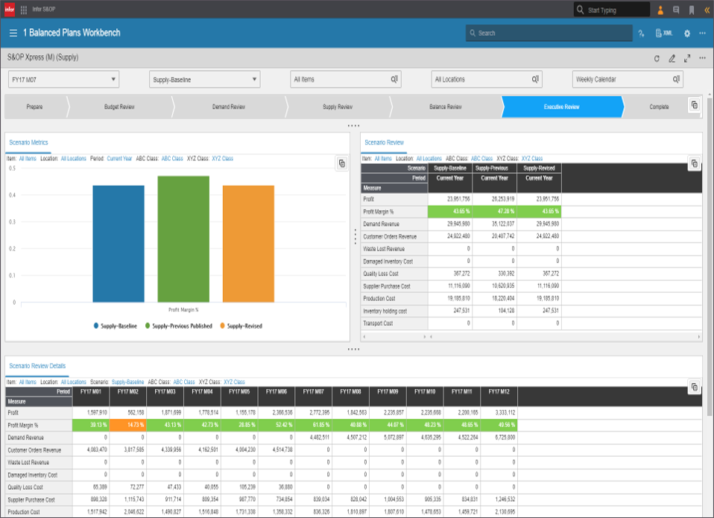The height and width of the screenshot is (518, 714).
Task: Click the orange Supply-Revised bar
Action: [x=248, y=244]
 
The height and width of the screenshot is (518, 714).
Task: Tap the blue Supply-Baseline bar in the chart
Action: [x=119, y=244]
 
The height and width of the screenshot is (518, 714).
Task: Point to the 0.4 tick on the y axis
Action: [x=11, y=195]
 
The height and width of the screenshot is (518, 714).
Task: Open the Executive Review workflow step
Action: [x=561, y=107]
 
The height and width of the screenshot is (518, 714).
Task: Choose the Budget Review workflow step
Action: [x=119, y=107]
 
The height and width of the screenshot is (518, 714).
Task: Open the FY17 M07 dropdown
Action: [x=63, y=79]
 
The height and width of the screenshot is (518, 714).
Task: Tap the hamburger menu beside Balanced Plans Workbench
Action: [x=13, y=33]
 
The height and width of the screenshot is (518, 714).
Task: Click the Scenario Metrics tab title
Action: [x=28, y=142]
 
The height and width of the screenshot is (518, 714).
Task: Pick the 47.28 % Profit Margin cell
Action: [x=494, y=212]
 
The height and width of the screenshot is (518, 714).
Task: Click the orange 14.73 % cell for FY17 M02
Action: [x=127, y=425]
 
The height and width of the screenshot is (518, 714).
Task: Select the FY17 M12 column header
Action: [x=499, y=391]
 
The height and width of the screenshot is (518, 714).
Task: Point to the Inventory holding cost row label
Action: [x=385, y=311]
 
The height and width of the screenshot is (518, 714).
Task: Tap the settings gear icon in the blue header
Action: [x=686, y=34]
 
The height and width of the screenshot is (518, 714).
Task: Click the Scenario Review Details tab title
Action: [x=37, y=366]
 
